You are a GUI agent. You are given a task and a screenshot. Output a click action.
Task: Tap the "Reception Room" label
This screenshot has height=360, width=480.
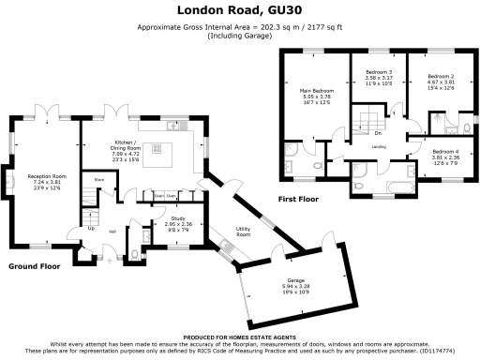[x=46, y=175]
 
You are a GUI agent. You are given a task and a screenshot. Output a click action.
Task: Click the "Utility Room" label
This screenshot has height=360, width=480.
[x=242, y=231]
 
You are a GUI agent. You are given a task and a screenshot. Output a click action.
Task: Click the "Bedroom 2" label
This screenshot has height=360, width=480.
[x=440, y=76]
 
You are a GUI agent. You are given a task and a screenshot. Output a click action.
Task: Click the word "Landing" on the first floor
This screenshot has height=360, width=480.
[x=380, y=147]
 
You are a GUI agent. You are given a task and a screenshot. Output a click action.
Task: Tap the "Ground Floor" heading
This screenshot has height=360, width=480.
[x=37, y=265]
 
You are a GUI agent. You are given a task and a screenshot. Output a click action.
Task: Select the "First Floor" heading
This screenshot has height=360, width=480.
[x=301, y=200]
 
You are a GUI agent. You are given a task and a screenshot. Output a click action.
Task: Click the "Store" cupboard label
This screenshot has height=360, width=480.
[x=97, y=178]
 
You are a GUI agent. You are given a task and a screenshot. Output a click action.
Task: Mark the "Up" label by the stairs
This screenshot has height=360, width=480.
[x=91, y=227]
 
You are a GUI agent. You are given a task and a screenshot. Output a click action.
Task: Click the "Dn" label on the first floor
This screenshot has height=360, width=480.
[x=375, y=132]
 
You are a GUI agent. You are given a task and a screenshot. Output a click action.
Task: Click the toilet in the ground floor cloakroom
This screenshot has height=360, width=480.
[x=136, y=254]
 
